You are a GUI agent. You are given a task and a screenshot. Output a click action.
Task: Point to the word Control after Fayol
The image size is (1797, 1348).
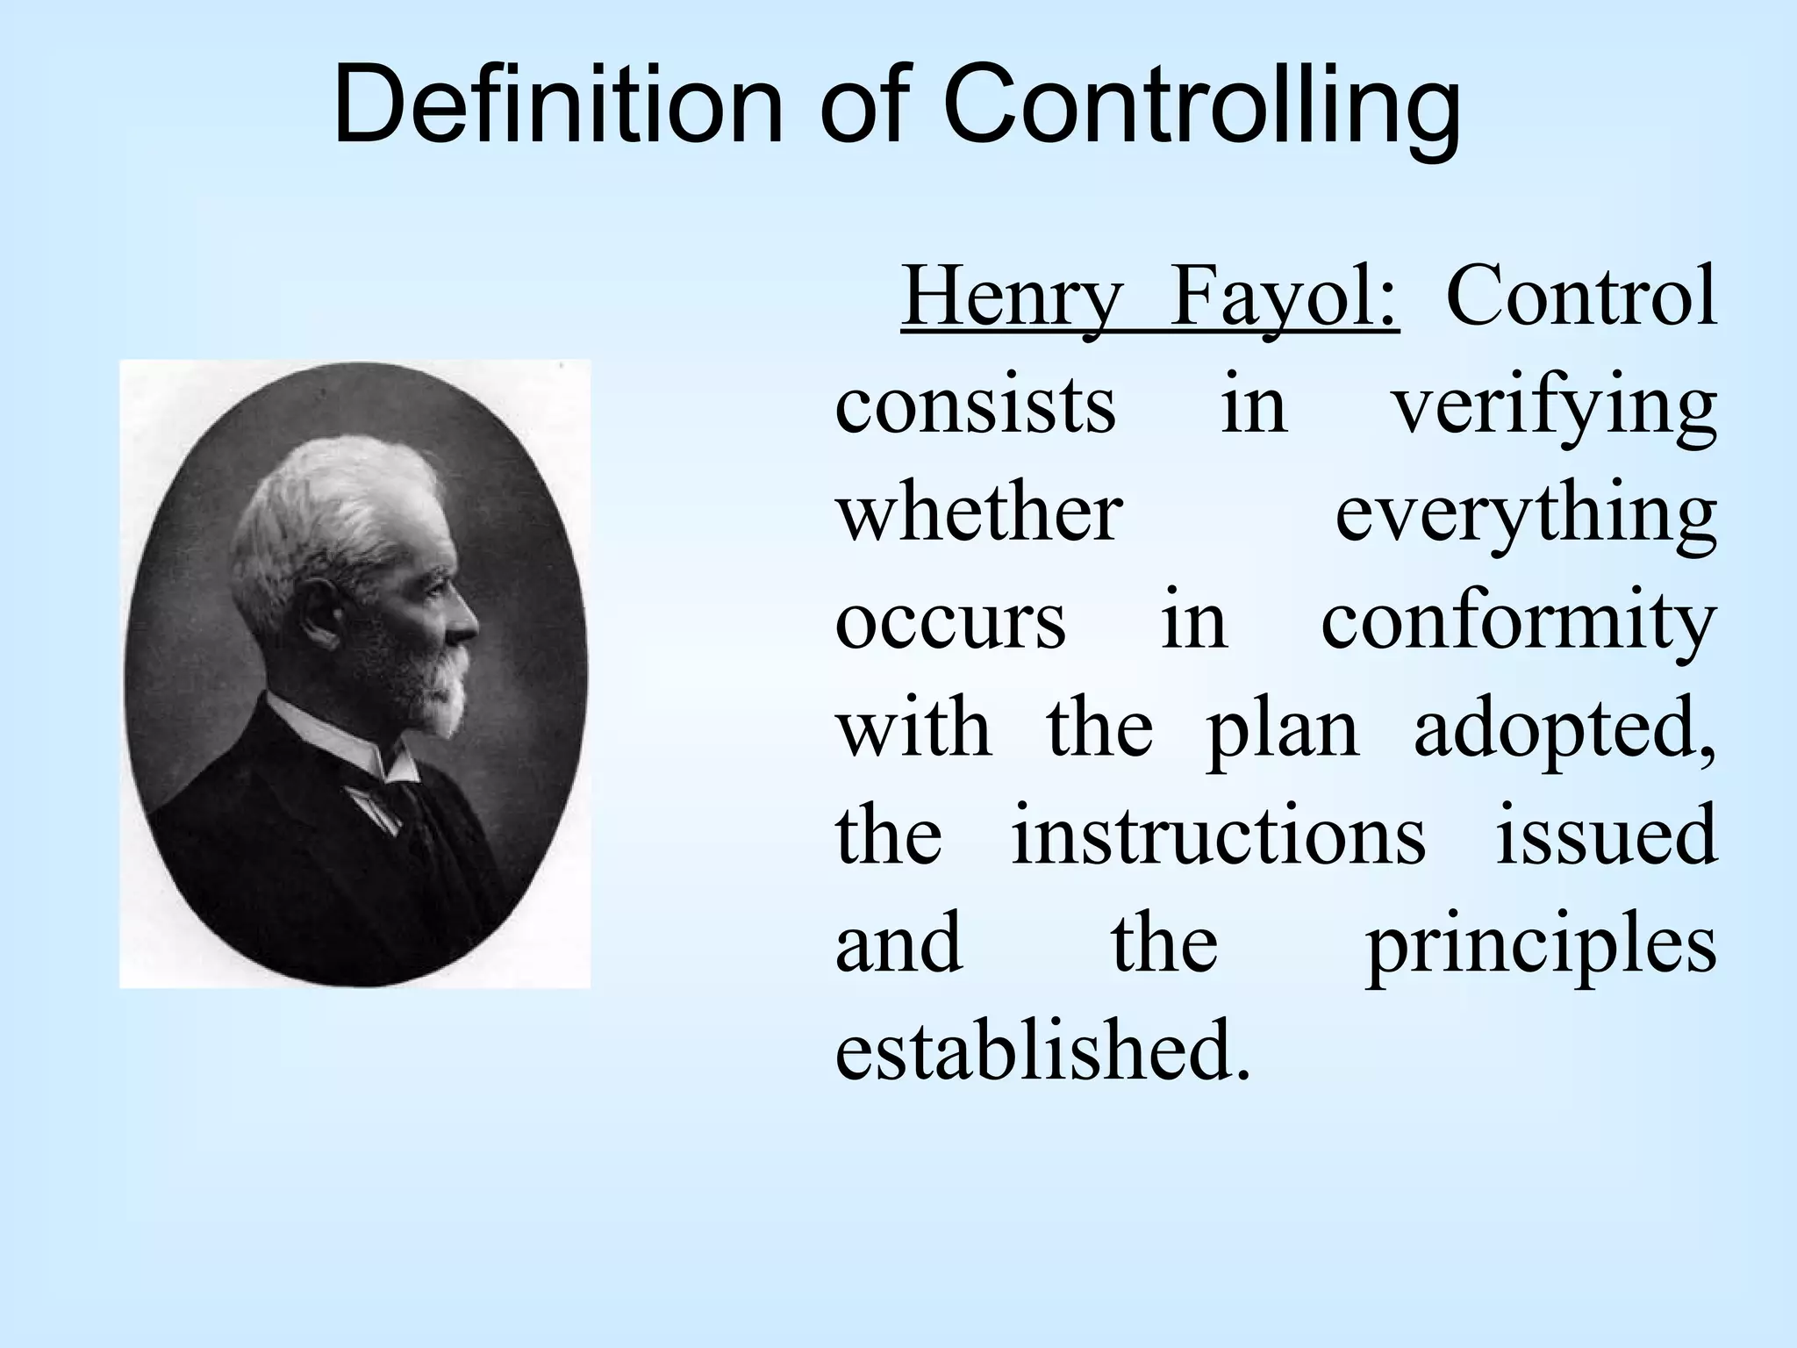(x=1580, y=298)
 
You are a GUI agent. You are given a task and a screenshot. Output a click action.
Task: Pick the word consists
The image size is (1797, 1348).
(x=975, y=407)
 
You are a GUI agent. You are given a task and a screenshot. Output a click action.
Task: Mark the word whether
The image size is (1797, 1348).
(x=978, y=513)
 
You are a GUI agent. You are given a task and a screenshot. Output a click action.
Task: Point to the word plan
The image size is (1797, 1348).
(x=1282, y=732)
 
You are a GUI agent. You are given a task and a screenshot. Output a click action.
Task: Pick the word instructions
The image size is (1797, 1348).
(x=1219, y=837)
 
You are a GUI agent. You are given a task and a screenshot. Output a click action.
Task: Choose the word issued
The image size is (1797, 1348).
(x=1606, y=837)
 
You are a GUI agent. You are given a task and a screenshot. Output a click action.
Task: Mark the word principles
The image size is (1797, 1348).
(x=1541, y=948)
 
